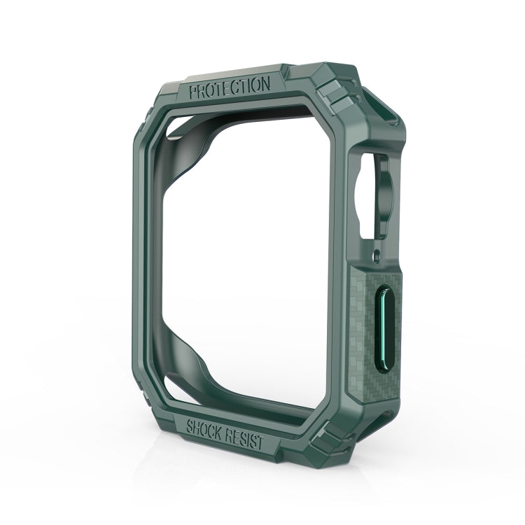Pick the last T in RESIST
(262, 444)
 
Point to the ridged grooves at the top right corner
(335, 98)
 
